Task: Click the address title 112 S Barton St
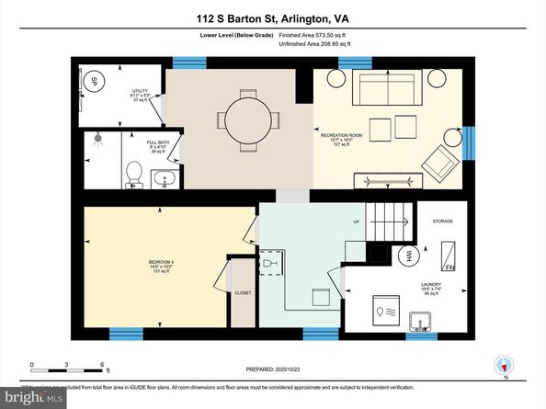click(x=273, y=17)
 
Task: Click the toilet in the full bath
click(x=133, y=172)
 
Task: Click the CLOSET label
click(x=243, y=293)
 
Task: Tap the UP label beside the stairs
click(x=356, y=222)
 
